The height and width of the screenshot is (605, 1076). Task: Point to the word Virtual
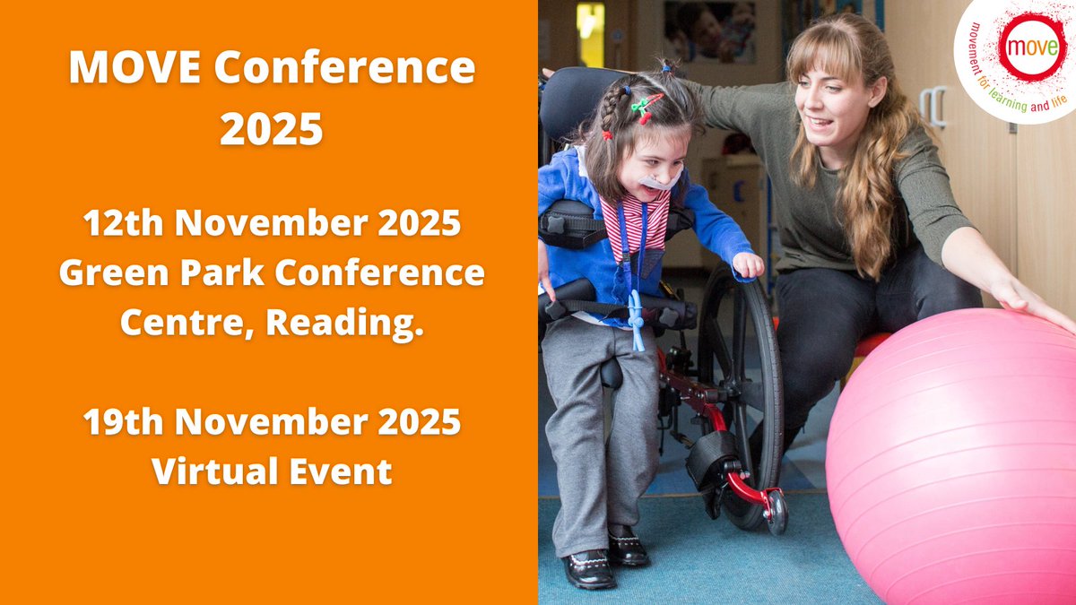[212, 470]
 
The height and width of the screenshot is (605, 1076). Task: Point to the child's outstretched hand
[747, 264]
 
